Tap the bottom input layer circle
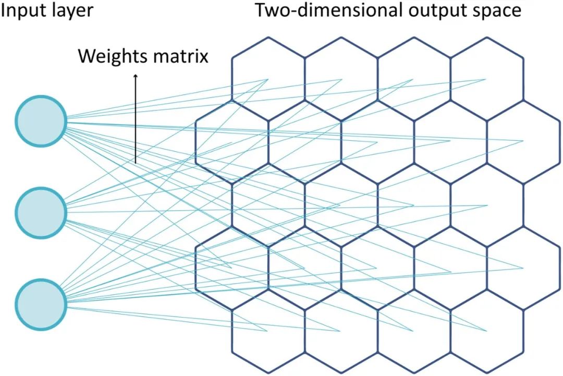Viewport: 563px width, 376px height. pyautogui.click(x=41, y=303)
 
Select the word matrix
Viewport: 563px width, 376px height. pyautogui.click(x=180, y=55)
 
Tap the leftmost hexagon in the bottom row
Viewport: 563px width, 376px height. pyautogui.click(x=268, y=331)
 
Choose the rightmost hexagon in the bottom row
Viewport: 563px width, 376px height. pyautogui.click(x=486, y=331)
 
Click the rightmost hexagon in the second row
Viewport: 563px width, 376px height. pyautogui.click(x=523, y=141)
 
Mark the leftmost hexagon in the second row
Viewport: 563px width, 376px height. pyautogui.click(x=231, y=141)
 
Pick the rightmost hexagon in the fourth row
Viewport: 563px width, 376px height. pyautogui.click(x=523, y=268)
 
